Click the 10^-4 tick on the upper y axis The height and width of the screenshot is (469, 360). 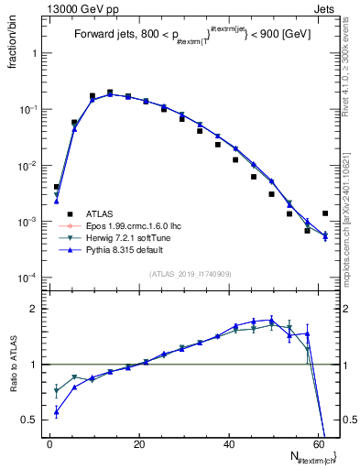tap(28, 278)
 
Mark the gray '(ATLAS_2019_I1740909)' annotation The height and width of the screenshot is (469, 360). tap(191, 275)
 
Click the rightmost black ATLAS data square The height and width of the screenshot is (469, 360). tap(325, 213)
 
